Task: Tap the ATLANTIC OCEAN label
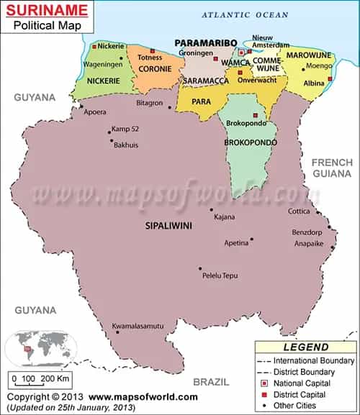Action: click(x=244, y=14)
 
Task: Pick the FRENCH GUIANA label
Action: click(x=331, y=168)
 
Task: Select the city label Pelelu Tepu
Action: click(x=220, y=275)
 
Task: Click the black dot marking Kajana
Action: click(x=212, y=210)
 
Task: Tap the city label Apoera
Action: click(x=95, y=112)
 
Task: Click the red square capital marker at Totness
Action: click(x=152, y=50)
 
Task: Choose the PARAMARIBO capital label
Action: click(x=205, y=43)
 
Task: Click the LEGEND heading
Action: click(x=305, y=347)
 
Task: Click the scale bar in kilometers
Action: click(x=40, y=378)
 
